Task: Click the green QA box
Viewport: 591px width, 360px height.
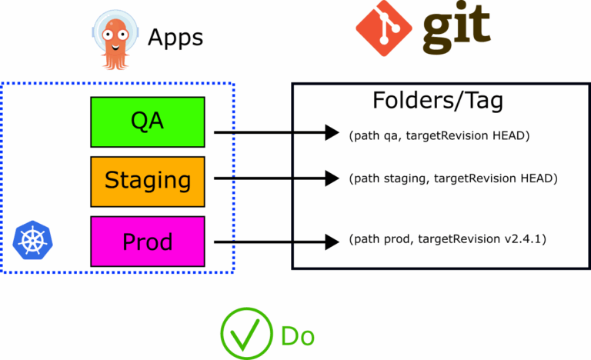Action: point(148,122)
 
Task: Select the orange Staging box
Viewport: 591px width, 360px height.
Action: point(148,181)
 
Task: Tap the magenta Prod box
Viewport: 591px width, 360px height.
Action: point(148,242)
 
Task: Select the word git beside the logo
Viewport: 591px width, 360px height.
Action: point(457,27)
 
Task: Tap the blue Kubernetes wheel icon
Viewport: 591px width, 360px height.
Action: point(32,240)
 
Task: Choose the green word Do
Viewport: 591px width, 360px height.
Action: point(298,335)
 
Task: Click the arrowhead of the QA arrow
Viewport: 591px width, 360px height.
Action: point(332,132)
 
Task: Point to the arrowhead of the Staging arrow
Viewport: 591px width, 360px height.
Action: point(332,178)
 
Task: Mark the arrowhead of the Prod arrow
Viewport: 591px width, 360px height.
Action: point(332,241)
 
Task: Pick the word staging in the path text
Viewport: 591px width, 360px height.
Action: point(403,178)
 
